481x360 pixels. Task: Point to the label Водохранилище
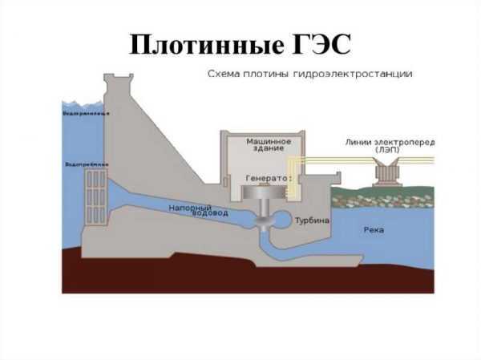coord(86,114)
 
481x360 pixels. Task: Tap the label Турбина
coord(311,219)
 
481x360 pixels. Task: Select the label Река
coord(373,229)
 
